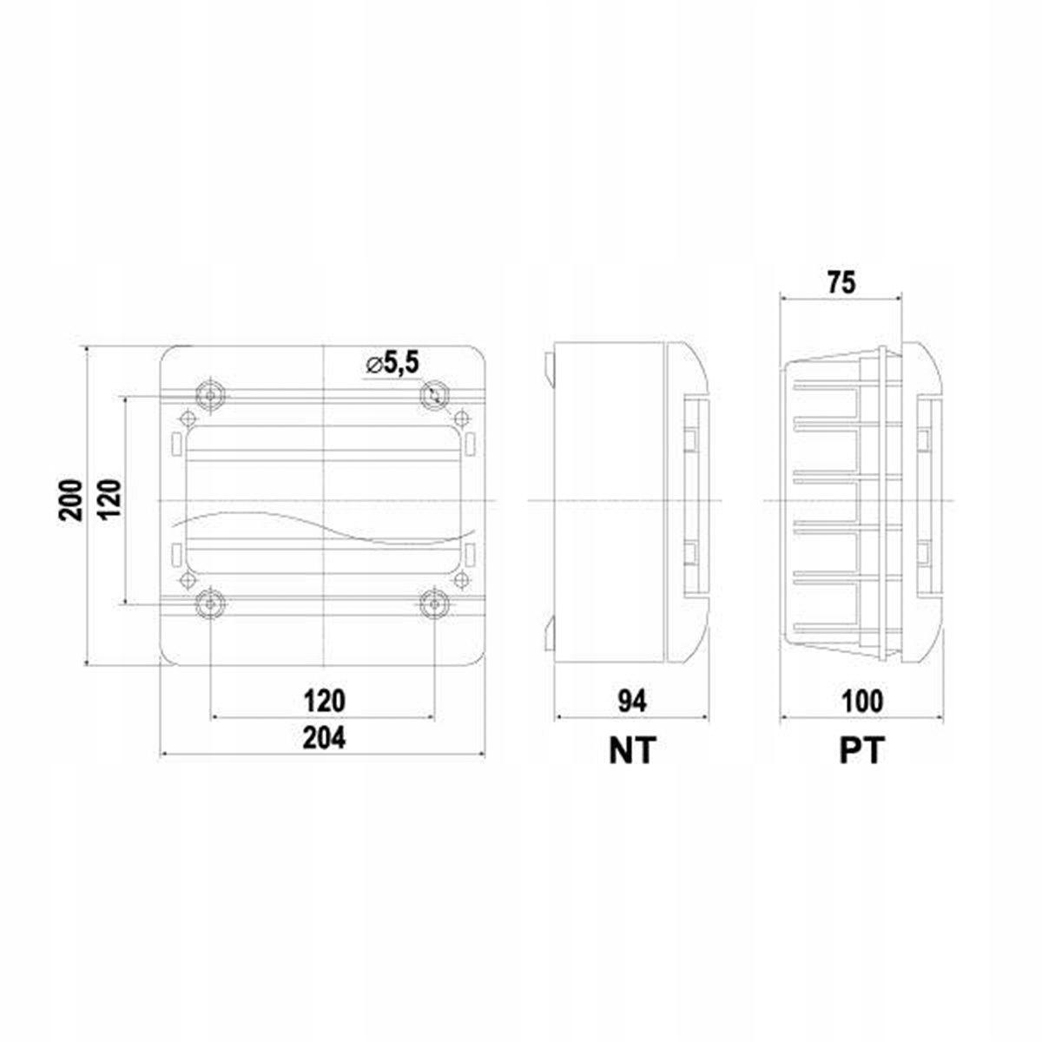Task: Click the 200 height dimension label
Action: pos(71,500)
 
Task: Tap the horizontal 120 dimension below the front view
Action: pos(323,701)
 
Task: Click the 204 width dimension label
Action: pos(323,737)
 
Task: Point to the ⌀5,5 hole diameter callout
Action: pos(392,365)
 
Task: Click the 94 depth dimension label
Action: pos(632,702)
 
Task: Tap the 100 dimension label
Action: pos(862,702)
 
